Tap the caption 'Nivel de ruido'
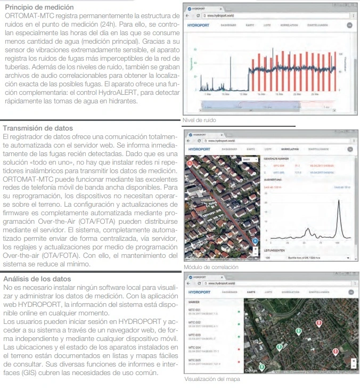[x=200, y=120]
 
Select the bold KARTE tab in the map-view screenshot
[x=252, y=292]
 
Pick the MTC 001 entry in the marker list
[x=196, y=310]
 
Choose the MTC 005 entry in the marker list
[x=196, y=361]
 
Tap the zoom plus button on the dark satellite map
[x=355, y=360]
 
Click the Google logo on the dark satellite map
[x=251, y=370]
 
